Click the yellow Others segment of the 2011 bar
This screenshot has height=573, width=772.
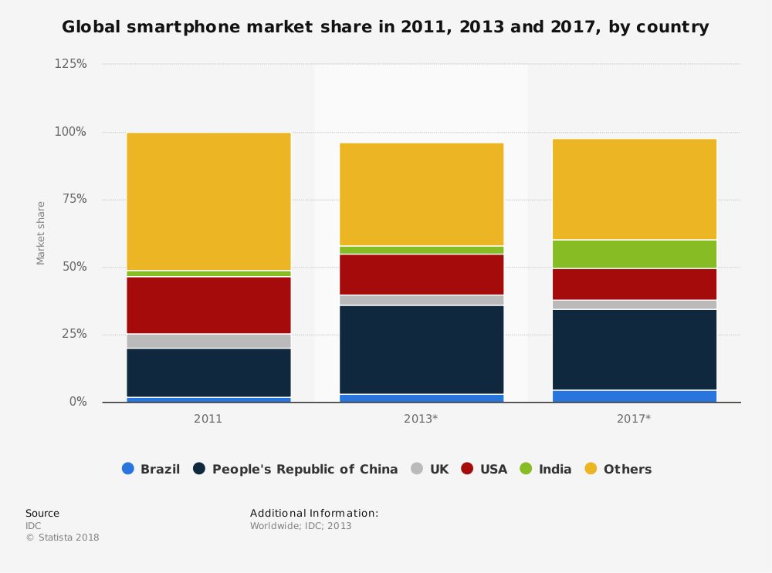point(208,201)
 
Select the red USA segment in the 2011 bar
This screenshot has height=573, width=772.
point(208,305)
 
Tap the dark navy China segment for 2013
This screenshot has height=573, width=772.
point(422,349)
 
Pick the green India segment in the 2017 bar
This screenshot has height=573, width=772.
point(635,254)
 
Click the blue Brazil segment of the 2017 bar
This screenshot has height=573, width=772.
point(635,396)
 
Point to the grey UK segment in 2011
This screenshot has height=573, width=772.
point(208,341)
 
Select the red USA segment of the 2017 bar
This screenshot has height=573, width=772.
point(635,284)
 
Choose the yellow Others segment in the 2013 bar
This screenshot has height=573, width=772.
point(422,194)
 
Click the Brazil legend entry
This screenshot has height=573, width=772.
point(151,469)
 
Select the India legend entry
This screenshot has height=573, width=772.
point(547,469)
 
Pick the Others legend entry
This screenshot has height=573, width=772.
point(618,469)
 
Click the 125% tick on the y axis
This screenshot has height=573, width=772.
point(70,64)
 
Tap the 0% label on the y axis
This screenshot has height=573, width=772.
point(76,402)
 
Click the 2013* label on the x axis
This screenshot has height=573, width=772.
point(422,419)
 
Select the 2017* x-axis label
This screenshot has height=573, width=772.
point(635,419)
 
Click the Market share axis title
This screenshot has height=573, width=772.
point(41,233)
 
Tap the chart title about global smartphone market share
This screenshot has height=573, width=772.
point(385,28)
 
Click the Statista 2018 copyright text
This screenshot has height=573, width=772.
point(63,538)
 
